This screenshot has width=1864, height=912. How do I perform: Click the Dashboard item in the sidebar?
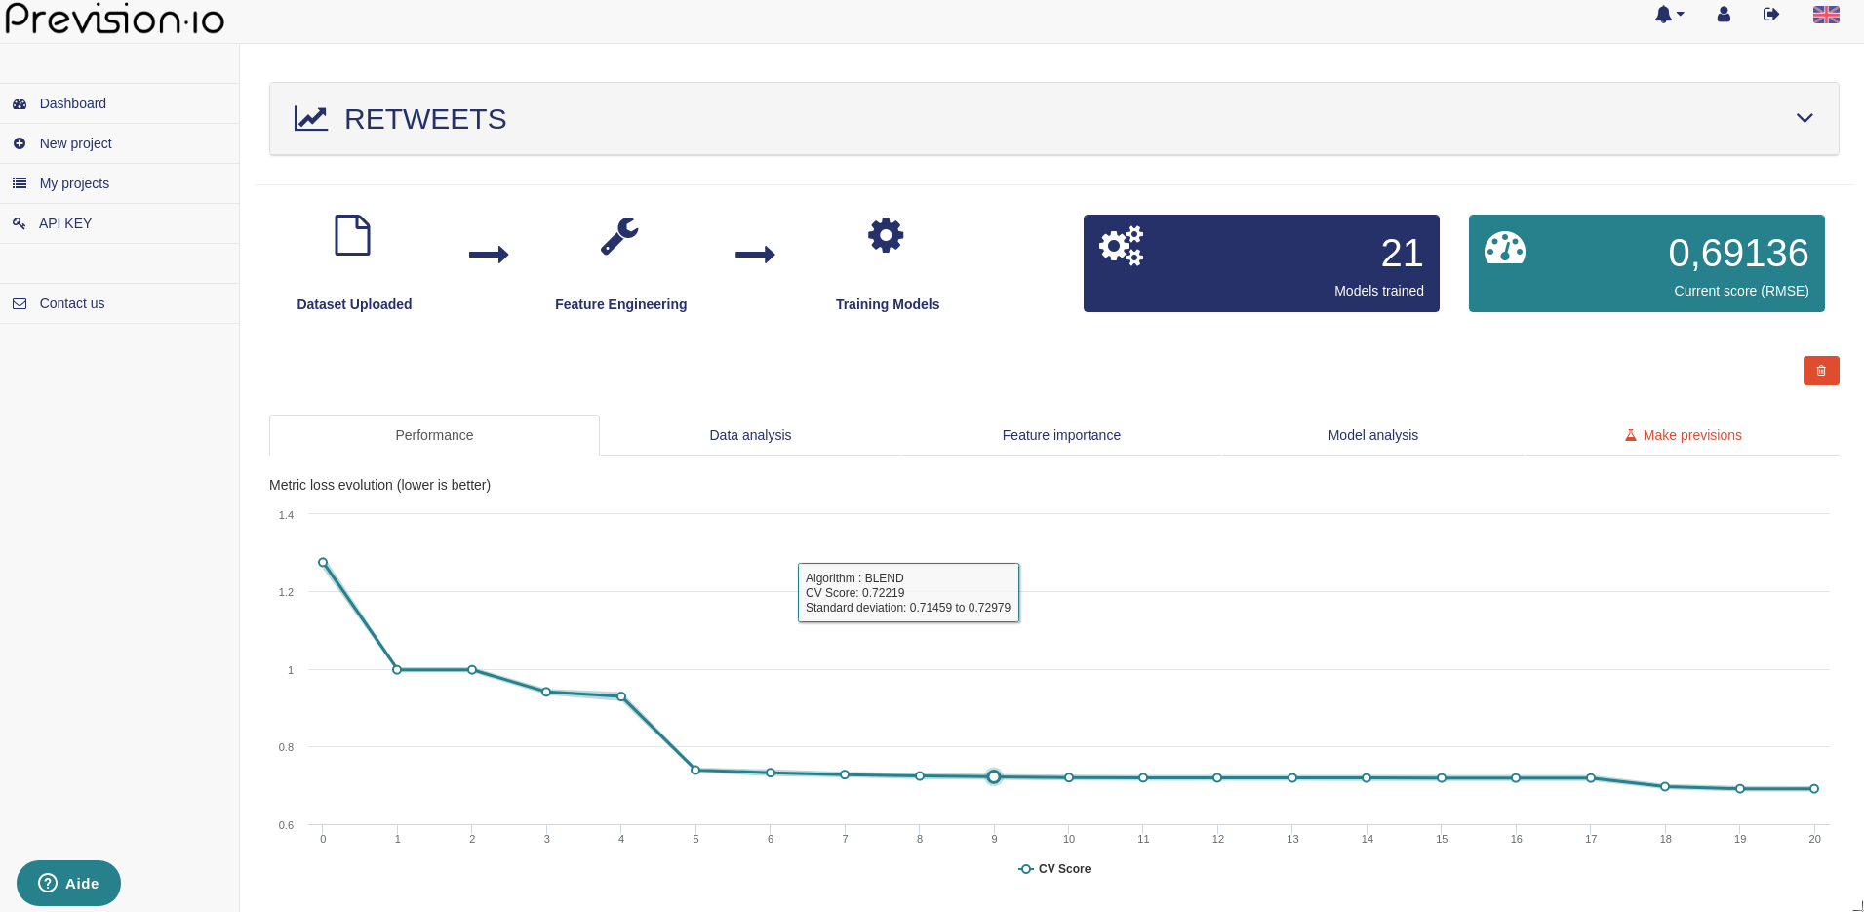[72, 103]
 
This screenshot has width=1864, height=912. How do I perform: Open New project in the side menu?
[75, 143]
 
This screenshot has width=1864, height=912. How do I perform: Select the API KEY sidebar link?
[64, 223]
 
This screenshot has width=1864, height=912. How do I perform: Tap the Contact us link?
[71, 303]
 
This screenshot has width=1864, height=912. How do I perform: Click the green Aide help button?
[68, 883]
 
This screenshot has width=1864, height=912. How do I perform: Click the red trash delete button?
[1820, 371]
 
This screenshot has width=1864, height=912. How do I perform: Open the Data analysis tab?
[750, 435]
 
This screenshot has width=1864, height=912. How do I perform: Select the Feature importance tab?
[1061, 435]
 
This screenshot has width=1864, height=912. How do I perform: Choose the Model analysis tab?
[1372, 435]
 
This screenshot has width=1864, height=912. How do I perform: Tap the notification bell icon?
[1665, 15]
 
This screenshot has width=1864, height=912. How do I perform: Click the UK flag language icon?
[1826, 15]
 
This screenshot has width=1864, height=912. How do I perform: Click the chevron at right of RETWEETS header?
[1805, 118]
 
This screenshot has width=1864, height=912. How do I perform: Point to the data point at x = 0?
[323, 563]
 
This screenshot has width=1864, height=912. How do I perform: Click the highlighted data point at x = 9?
[994, 777]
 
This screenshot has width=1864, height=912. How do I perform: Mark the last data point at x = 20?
[1814, 789]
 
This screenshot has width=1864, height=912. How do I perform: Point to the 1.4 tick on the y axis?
[286, 515]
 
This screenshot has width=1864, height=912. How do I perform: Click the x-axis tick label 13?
[1292, 839]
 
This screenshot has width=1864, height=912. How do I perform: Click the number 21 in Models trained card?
[1402, 254]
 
